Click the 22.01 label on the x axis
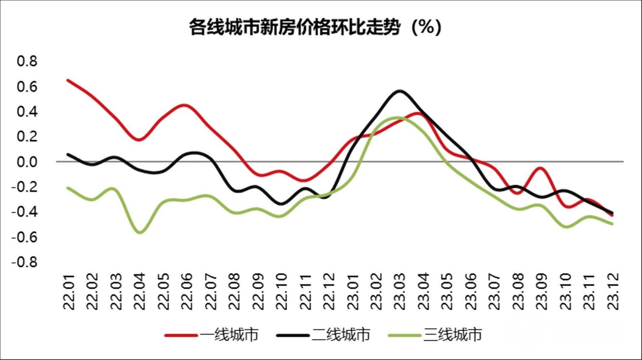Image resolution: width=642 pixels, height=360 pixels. click(69, 291)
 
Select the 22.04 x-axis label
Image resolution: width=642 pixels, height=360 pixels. click(140, 291)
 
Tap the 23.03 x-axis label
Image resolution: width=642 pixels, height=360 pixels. click(400, 291)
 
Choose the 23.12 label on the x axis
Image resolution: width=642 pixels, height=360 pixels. click(613, 291)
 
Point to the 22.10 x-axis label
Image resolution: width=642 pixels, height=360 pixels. click(281, 291)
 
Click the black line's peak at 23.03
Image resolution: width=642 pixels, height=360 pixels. click(400, 91)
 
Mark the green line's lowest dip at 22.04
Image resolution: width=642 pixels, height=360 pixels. click(140, 232)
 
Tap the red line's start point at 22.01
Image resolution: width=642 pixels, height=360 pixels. click(68, 80)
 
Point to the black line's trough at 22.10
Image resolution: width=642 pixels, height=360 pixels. click(281, 204)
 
